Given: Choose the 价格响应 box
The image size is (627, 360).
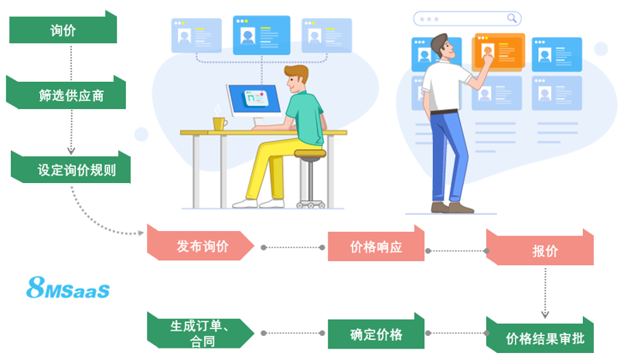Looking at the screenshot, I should tap(376, 247).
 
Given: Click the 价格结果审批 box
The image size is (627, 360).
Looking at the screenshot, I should tap(539, 338).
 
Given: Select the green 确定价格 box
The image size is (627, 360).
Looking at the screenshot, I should tap(376, 335).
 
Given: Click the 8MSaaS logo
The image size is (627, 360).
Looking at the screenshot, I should tap(68, 290).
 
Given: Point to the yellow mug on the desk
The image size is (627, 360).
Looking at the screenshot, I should tap(220, 124).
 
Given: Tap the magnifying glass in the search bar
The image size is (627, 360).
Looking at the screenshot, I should tap(512, 17).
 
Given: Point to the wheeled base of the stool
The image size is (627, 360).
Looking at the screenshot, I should tap(309, 203).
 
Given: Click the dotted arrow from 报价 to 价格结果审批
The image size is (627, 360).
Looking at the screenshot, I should tap(545, 291).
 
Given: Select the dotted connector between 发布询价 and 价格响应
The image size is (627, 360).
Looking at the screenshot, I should tap(293, 247).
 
